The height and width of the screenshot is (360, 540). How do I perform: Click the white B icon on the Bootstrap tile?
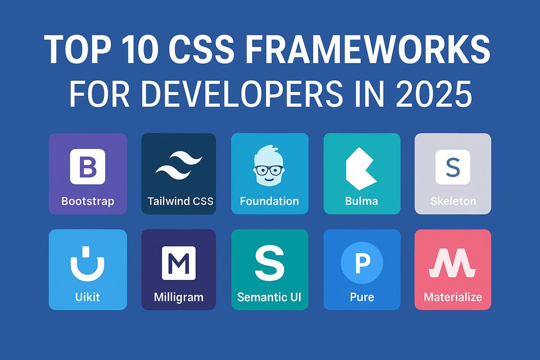coord(87,166)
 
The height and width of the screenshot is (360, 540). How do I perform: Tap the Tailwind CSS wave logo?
coord(179,165)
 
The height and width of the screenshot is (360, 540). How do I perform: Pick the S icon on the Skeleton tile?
coord(452,167)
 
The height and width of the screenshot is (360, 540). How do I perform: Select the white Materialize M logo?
coord(452,265)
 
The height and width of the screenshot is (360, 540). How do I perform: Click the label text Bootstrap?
coord(88,201)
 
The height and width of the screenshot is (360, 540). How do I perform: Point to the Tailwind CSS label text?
coord(180,201)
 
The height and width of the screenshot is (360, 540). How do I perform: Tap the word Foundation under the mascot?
coord(269,201)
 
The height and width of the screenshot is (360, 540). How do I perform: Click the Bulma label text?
coord(361,201)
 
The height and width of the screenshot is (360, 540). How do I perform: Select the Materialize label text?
coord(453,297)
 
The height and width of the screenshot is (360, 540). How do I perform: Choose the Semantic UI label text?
coord(270,297)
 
